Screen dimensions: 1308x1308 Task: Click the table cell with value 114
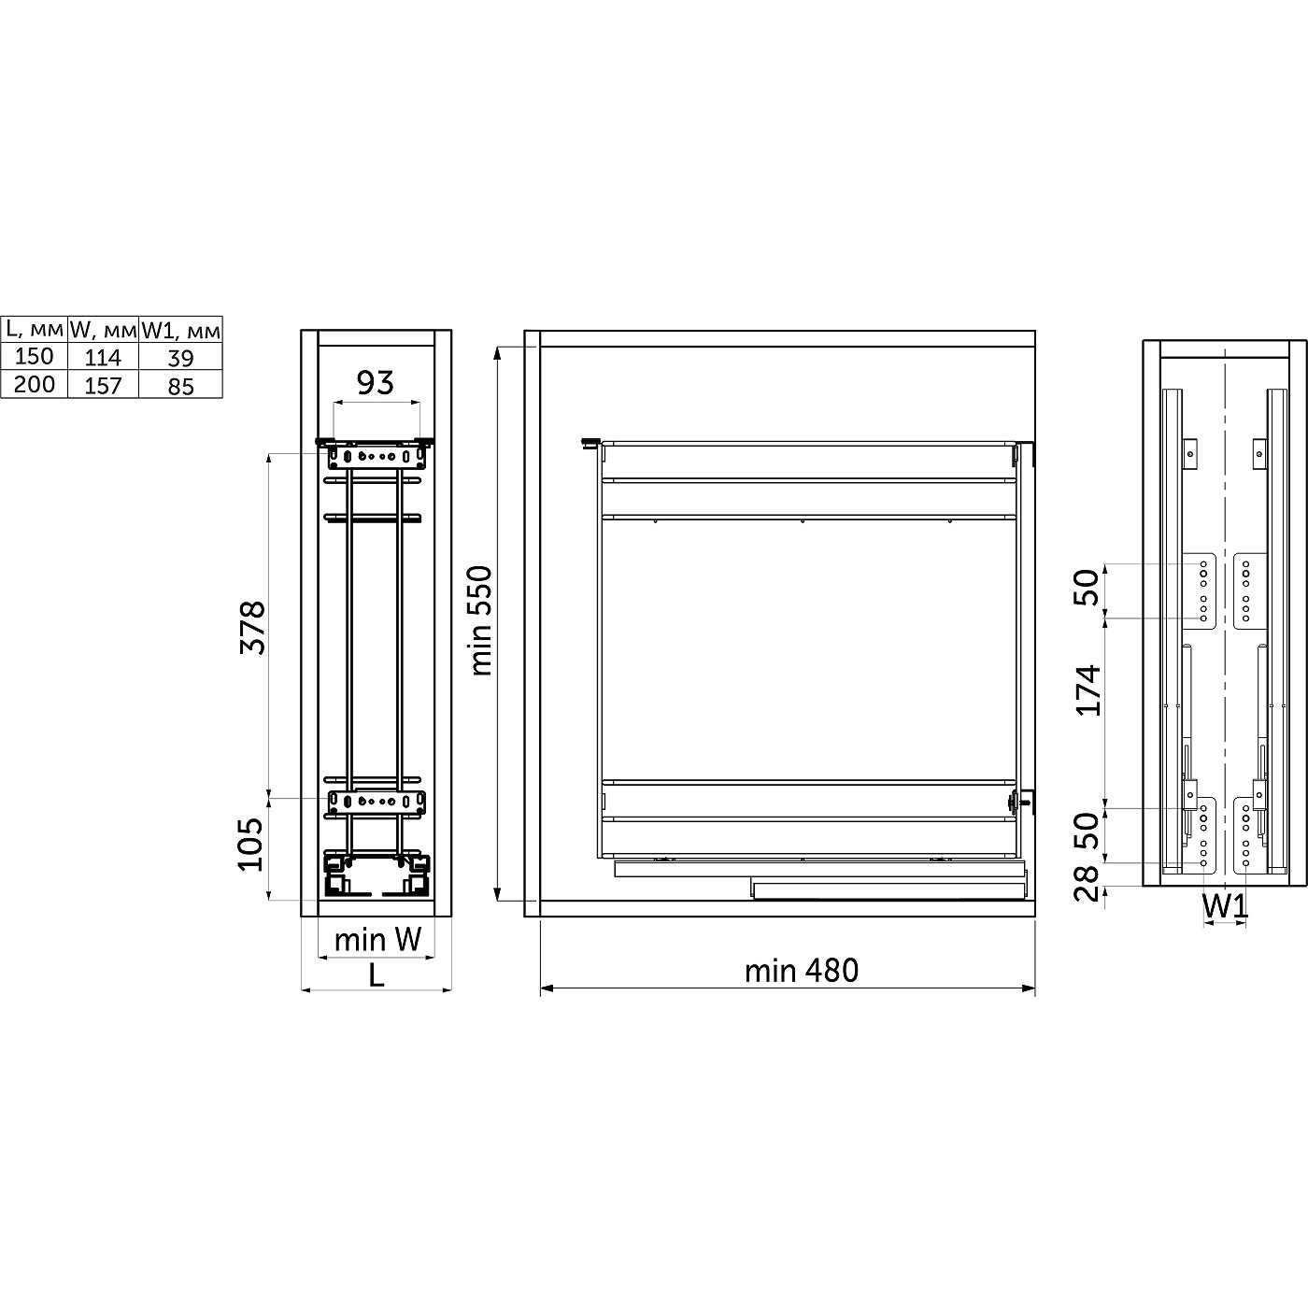[x=103, y=357]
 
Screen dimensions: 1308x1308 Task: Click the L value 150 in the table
[x=34, y=356]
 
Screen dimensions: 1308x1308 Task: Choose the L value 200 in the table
[x=34, y=384]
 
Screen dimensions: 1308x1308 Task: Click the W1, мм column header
[x=180, y=331]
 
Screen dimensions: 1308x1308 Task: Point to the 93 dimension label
[x=376, y=383]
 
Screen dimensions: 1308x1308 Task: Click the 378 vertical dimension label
[x=252, y=627]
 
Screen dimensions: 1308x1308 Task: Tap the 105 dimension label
[x=250, y=844]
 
